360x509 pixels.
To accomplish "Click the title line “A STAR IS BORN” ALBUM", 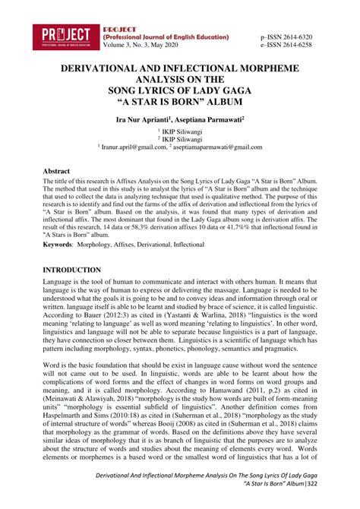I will (x=179, y=100).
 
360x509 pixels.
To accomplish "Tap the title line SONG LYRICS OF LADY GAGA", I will (x=179, y=89).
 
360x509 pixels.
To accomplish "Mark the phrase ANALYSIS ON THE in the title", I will (x=180, y=78).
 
